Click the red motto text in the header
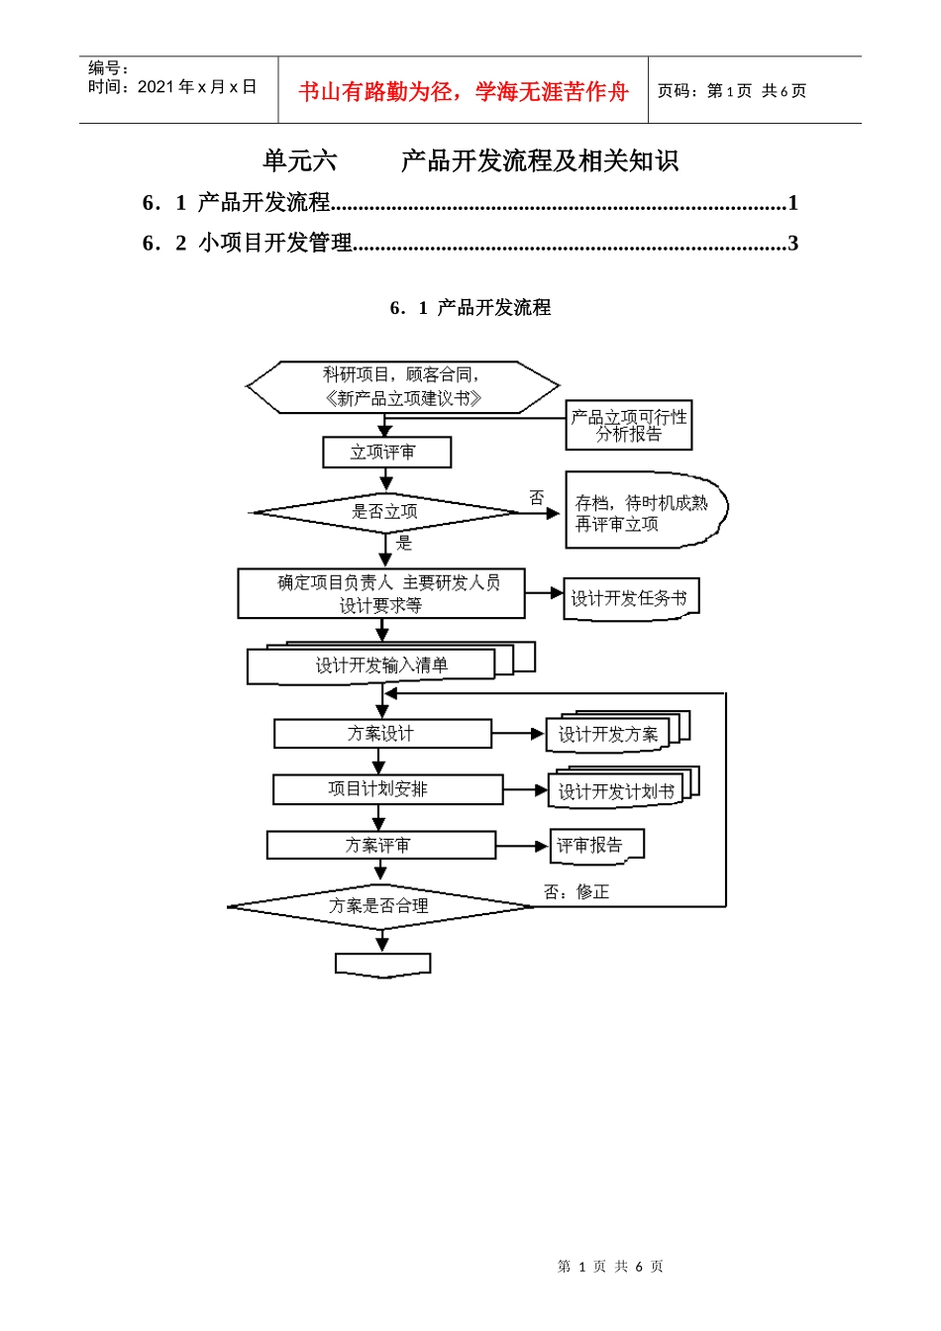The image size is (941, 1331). point(464,92)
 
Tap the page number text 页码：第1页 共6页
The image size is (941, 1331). point(732,91)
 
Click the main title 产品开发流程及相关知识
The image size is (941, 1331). point(539,161)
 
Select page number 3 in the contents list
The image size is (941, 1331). point(792,244)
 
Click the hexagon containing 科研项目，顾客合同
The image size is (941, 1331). point(402,387)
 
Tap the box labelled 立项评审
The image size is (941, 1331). point(386,453)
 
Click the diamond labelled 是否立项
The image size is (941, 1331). point(385,512)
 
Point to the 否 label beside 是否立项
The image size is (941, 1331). point(536,497)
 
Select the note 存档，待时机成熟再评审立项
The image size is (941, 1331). point(642,513)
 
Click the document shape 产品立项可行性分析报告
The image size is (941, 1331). point(628,426)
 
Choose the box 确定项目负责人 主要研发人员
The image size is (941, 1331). point(381,593)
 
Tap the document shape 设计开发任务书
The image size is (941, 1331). point(629,599)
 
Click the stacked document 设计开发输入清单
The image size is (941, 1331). point(381,665)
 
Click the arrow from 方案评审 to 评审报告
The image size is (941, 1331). point(521,846)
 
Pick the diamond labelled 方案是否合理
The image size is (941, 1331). point(379,906)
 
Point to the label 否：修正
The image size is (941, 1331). point(576,892)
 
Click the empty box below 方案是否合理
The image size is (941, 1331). point(382,965)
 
